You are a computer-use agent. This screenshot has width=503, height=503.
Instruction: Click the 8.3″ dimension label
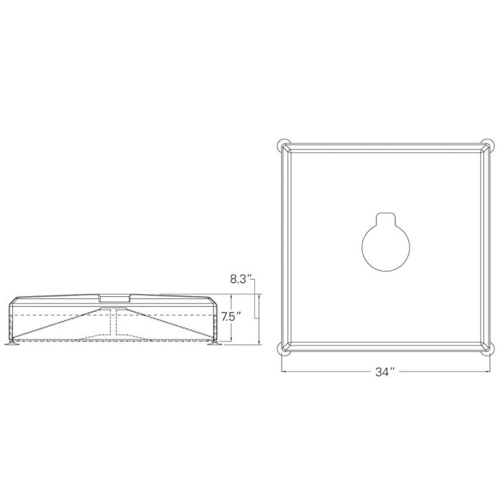click(240, 279)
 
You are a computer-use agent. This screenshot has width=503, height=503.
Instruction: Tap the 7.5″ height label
click(231, 318)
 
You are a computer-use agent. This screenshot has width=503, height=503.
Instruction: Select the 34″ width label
click(385, 372)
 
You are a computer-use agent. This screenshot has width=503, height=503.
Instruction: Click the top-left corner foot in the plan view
click(282, 144)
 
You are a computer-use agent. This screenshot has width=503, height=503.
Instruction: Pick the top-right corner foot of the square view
click(489, 144)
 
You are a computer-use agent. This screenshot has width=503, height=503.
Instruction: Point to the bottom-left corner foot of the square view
click(282, 351)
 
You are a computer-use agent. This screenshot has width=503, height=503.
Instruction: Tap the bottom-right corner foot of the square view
click(489, 351)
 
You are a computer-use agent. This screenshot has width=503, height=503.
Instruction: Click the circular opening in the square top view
click(386, 247)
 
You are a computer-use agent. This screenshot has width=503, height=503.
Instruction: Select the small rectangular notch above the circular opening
click(386, 218)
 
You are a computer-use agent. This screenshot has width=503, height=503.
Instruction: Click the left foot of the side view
click(13, 344)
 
